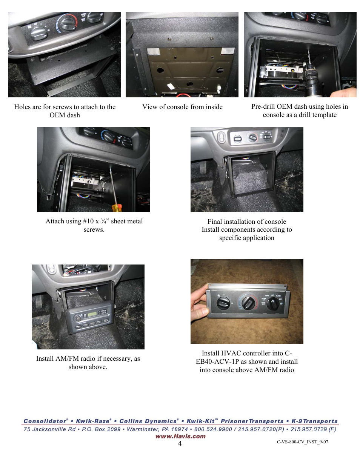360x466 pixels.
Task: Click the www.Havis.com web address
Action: click(180, 436)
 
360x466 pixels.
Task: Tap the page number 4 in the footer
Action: click(180, 443)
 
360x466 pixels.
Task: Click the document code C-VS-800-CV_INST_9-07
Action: click(302, 442)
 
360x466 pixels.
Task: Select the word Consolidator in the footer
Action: click(45, 421)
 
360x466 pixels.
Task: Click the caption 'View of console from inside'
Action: click(182, 107)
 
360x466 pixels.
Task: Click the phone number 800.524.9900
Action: click(211, 429)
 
